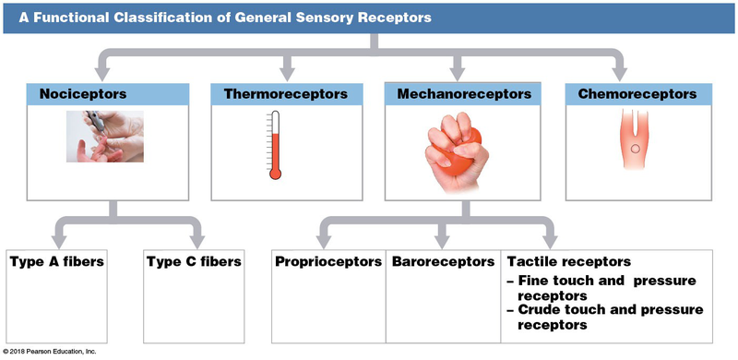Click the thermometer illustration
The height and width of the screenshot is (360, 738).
[275, 145]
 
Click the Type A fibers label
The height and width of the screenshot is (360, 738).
[56, 262]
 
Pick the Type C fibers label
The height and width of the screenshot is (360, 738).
[194, 262]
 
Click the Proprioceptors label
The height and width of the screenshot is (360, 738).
[328, 262]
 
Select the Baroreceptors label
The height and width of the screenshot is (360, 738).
[441, 262]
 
